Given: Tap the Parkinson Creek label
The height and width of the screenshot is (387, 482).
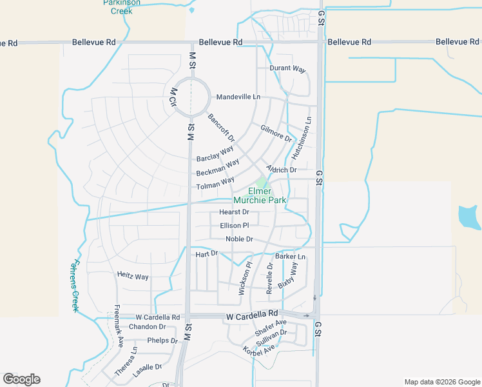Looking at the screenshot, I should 118,7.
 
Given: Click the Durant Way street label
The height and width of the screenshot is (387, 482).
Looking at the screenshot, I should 287,68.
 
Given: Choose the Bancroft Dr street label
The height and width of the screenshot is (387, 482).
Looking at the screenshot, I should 222,128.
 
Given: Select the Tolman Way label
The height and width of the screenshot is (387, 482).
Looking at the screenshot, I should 215,184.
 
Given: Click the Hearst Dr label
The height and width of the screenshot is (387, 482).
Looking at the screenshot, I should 234,212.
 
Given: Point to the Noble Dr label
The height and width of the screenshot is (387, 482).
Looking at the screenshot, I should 239,239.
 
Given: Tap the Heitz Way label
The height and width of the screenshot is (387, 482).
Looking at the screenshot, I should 133,276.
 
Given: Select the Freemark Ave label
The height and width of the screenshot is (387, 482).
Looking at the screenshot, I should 119,326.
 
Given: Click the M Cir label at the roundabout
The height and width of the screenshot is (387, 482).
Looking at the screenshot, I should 172,99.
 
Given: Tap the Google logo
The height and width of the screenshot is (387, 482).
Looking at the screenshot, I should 21,379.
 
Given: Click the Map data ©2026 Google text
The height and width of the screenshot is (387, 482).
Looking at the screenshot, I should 441,382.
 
